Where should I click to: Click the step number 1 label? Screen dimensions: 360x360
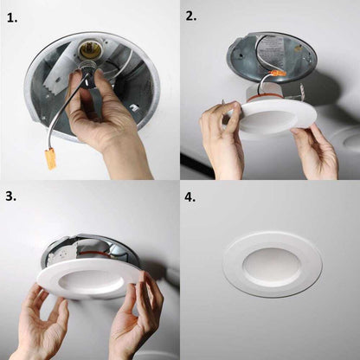(12, 18)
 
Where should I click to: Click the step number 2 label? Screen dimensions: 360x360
(190, 16)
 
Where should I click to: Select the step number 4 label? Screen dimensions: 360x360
(190, 197)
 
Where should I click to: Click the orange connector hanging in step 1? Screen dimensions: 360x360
(49, 159)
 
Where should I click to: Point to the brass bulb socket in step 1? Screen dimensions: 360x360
(87, 48)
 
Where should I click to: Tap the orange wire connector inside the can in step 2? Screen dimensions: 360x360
(278, 74)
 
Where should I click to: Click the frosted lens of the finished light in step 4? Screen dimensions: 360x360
(270, 265)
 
